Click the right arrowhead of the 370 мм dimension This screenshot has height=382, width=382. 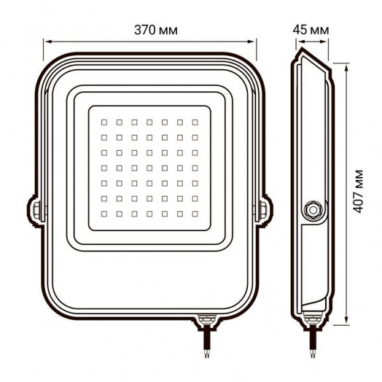click(x=264, y=42)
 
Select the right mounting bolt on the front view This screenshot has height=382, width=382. click(x=261, y=211)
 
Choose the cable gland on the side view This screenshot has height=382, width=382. click(x=313, y=319)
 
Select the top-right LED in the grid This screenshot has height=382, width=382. click(x=195, y=122)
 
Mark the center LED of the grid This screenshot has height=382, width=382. click(x=149, y=168)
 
